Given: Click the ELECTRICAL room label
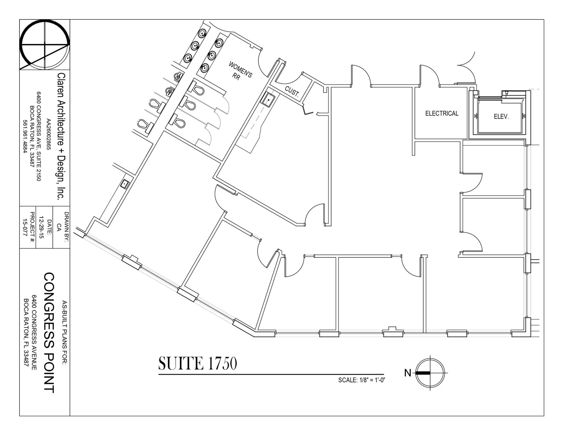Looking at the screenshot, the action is click(x=442, y=113).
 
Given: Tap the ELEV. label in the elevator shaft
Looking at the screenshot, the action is click(x=501, y=117).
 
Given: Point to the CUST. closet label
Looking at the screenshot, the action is click(x=292, y=91).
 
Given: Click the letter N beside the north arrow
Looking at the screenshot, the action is click(x=408, y=373).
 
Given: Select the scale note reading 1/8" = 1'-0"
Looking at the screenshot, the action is click(x=362, y=380).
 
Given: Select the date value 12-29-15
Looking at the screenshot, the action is click(x=41, y=227).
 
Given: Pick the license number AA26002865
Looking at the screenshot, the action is click(x=49, y=135).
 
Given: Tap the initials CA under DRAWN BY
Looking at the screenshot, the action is click(x=59, y=227).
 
